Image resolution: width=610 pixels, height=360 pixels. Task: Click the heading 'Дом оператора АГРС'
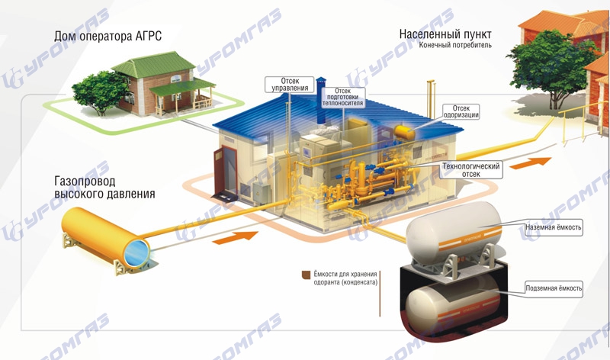(x=108, y=37)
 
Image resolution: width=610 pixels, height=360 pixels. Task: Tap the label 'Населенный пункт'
(x=445, y=34)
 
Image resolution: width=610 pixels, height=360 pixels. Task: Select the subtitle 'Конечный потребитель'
(x=455, y=45)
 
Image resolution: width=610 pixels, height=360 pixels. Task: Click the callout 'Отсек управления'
(x=290, y=85)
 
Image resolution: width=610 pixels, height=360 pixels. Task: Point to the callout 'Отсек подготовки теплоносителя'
(x=342, y=97)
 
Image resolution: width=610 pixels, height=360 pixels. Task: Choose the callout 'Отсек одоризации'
(x=461, y=111)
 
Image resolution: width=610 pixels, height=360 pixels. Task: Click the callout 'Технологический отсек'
(x=470, y=170)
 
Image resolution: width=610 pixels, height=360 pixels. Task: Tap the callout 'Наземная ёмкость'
(x=553, y=227)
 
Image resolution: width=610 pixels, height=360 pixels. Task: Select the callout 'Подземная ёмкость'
(x=554, y=288)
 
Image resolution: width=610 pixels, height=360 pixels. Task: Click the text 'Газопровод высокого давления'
(x=104, y=187)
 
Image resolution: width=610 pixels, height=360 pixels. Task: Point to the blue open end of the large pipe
(x=136, y=252)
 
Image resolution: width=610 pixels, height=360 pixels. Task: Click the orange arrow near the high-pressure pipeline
(x=236, y=237)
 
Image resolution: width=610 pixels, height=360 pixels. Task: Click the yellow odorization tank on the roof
(x=405, y=132)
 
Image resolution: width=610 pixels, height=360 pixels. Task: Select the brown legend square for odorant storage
(x=307, y=275)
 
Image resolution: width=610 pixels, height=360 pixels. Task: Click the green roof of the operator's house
(x=154, y=65)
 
